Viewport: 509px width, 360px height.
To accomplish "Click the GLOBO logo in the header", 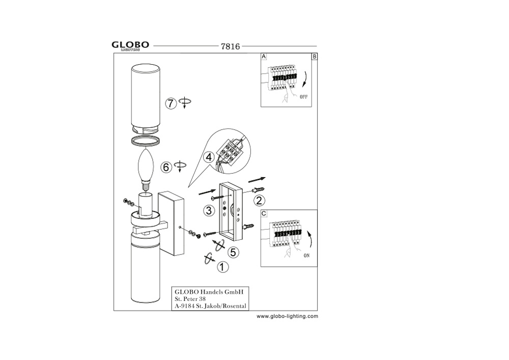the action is (x=130, y=46).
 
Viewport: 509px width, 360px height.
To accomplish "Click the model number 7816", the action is (x=230, y=46).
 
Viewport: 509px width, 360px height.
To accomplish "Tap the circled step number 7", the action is (x=171, y=103).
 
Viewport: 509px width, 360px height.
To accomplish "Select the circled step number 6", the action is (x=166, y=167).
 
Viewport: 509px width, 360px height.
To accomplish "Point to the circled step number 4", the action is (x=209, y=157).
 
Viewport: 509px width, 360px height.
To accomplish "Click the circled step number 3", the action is (x=209, y=211).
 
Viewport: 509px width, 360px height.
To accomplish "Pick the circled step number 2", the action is (x=259, y=201).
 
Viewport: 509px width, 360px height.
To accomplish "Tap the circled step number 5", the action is (x=233, y=252).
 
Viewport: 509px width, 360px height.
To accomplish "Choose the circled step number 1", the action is (x=222, y=267).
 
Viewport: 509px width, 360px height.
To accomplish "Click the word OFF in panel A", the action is (x=303, y=97).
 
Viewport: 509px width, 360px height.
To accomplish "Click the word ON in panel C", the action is (x=307, y=256).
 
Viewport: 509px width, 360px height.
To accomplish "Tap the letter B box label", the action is (x=314, y=57).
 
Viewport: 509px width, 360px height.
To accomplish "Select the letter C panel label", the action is (x=264, y=213).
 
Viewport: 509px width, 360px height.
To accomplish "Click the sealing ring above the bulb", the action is (x=146, y=141).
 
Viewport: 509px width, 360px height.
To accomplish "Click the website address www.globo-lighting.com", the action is (x=287, y=316).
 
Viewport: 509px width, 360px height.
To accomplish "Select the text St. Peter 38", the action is (x=190, y=299).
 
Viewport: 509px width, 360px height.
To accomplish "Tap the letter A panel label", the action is (x=264, y=57).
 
